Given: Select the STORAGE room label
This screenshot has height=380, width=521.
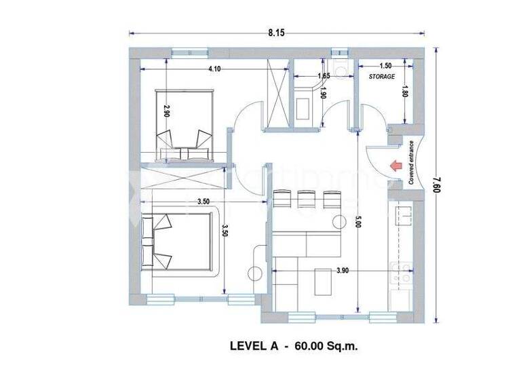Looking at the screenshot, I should tap(382, 77).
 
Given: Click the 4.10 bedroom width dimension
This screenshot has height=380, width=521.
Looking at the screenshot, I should tap(215, 69).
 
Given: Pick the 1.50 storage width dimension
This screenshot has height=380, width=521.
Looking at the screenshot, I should tap(385, 66).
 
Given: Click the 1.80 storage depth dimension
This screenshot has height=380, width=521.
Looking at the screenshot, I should tap(405, 91).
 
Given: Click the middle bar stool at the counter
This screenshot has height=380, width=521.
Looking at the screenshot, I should tap(303, 199).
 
